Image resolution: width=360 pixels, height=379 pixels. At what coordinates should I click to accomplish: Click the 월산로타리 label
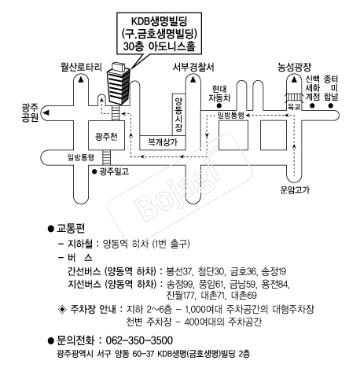(81, 67)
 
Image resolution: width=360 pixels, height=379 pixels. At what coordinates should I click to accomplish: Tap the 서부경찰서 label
(193, 67)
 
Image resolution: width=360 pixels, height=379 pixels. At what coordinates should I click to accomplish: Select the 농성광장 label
(294, 67)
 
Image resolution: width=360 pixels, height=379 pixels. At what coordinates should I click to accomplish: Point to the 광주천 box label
(106, 136)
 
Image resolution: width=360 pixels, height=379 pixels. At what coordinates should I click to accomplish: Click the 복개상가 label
(163, 142)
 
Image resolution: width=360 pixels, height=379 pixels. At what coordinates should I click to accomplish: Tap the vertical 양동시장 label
(178, 115)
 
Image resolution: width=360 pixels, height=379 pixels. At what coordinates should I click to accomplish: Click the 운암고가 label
(295, 189)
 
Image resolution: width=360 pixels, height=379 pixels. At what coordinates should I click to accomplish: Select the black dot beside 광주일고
(94, 171)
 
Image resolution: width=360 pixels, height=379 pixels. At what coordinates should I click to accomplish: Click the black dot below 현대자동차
(219, 106)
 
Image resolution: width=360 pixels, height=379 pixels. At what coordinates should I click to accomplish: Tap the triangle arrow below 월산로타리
(81, 79)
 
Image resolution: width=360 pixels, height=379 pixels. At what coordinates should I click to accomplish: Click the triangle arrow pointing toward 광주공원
(46, 112)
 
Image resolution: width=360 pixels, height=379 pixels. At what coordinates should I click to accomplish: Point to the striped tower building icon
(118, 83)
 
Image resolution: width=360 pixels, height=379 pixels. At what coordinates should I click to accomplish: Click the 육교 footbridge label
(294, 106)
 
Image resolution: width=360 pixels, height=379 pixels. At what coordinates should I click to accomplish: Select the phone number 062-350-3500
(139, 340)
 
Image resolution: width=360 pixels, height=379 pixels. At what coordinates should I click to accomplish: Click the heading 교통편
(71, 229)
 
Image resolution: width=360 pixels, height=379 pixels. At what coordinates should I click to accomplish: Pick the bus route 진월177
(181, 296)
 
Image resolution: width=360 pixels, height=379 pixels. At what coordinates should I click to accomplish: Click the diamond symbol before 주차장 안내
(62, 310)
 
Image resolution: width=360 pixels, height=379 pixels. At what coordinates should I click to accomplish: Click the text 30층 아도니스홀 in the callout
(160, 46)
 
